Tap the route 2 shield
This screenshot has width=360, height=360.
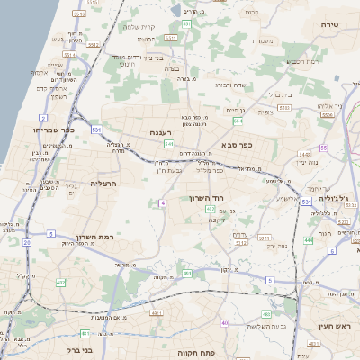point(42,118)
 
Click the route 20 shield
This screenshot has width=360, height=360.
point(27,242)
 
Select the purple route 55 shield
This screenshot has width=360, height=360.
point(322,147)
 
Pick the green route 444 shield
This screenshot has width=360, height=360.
point(308,240)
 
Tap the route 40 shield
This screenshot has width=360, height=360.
point(225,322)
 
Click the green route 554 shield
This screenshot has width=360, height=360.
point(238,120)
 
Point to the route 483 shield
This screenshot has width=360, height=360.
point(266,313)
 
